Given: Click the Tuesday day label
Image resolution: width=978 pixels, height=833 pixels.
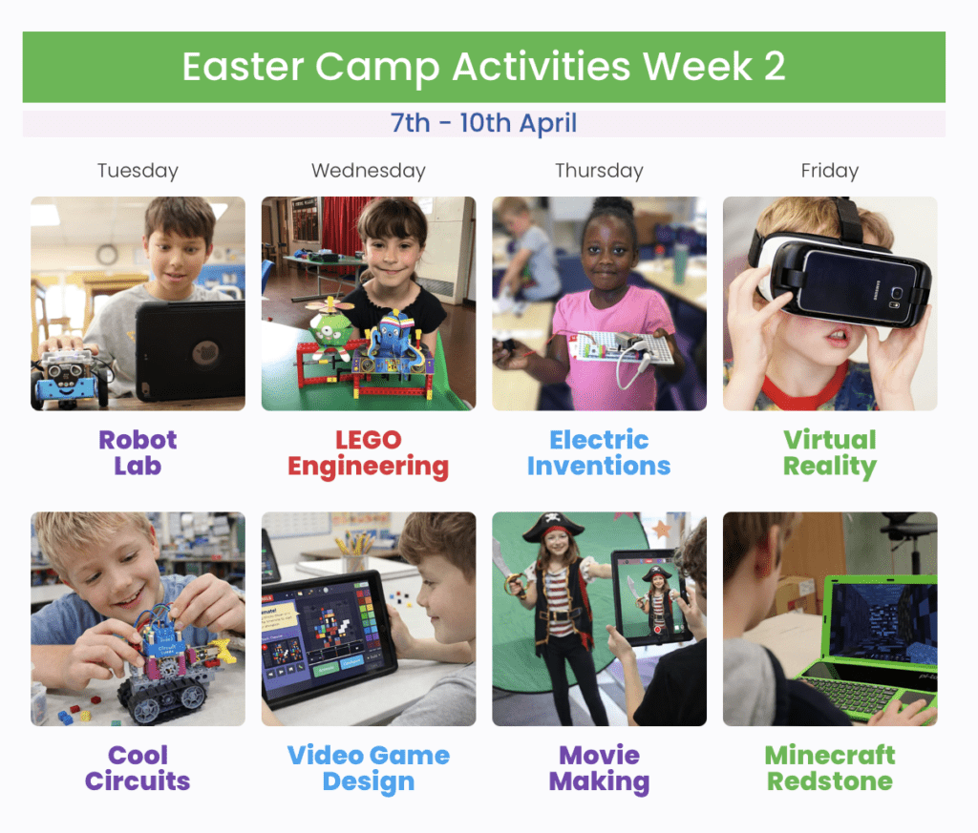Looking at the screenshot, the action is point(138,171).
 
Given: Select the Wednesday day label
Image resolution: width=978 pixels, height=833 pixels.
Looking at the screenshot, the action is point(369,171).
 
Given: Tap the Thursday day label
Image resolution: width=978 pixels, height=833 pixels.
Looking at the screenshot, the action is point(600,171).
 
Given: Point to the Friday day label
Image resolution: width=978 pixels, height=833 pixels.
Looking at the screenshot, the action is point(830,171).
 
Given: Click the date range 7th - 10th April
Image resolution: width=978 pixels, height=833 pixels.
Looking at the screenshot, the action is point(483,123).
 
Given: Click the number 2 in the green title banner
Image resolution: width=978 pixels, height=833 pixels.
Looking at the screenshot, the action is point(774,66).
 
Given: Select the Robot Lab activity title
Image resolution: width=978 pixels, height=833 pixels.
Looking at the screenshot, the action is point(138,453).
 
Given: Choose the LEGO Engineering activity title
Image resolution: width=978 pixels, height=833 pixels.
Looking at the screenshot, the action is point(368,454).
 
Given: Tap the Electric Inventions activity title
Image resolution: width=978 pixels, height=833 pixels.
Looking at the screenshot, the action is point(599,453).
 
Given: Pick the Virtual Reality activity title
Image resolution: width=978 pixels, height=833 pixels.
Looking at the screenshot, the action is point(830,454).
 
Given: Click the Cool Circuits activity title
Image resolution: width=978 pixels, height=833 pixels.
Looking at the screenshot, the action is point(138,768).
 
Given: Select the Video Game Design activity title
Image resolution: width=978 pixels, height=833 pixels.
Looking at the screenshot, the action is point(369,769).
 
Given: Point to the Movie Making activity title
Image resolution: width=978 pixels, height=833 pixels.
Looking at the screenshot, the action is point(599,769).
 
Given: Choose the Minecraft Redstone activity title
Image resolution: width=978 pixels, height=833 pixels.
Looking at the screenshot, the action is point(830,768).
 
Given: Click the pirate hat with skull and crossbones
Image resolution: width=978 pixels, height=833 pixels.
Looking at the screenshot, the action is point(553,527).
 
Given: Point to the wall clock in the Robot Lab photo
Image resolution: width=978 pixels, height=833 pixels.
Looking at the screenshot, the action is point(107,254).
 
